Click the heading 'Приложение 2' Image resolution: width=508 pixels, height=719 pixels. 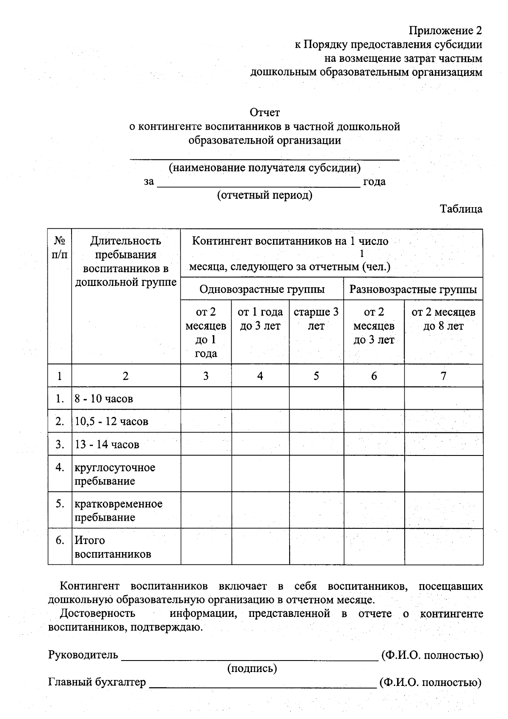click(445, 31)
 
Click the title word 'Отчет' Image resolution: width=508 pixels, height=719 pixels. click(265, 113)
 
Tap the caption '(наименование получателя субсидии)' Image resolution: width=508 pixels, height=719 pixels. click(265, 168)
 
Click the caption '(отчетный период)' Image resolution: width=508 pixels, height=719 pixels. click(265, 195)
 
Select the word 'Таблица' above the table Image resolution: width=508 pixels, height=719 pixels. click(461, 209)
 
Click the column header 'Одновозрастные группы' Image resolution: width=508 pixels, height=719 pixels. click(262, 289)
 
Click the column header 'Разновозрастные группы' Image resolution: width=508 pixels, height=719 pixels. click(413, 289)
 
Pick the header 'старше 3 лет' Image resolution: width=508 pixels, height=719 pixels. click(316, 319)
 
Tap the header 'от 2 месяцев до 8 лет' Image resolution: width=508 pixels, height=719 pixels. click(443, 319)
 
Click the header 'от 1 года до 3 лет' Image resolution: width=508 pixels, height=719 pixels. click(260, 319)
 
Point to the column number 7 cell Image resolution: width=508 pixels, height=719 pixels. click(443, 376)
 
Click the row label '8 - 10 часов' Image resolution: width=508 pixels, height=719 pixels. click(104, 399)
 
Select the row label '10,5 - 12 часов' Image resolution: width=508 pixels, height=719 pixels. click(111, 422)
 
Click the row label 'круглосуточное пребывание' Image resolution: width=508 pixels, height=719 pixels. click(115, 474)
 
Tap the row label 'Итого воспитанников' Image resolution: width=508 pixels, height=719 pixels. click(113, 547)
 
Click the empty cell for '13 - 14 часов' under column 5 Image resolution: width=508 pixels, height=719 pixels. click(316, 444)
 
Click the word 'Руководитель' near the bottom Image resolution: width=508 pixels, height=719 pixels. click(83, 655)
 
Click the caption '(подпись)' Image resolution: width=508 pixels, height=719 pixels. click(252, 669)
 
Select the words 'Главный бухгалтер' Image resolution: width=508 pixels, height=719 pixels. click(97, 682)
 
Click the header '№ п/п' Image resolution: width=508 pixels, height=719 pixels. click(59, 248)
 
